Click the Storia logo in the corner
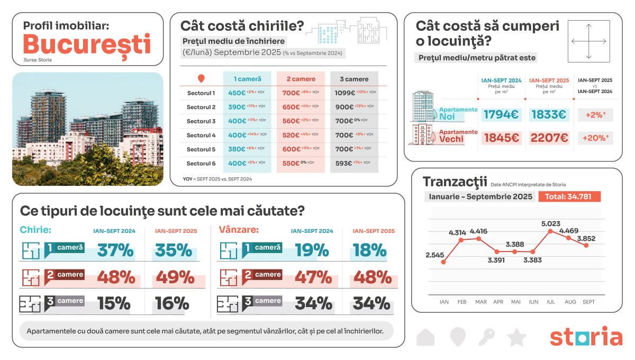[586, 337]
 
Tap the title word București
[87, 44]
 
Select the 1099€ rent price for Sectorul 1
[345, 93]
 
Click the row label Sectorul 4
[201, 135]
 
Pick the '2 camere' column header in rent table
[301, 79]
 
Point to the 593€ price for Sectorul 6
[344, 163]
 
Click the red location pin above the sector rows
[201, 79]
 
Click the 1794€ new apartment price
[501, 114]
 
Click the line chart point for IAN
[443, 262]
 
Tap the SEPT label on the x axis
[588, 302]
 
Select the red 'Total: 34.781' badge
[569, 196]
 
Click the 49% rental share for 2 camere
[171, 276]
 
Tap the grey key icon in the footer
[487, 337]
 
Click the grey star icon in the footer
[516, 337]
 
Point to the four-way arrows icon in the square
[588, 41]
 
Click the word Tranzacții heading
[455, 182]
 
